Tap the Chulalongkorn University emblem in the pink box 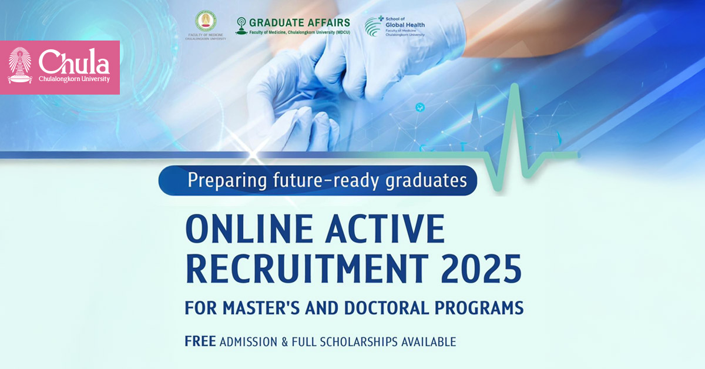[20, 66]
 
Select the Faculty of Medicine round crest [205, 22]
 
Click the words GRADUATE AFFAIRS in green [299, 22]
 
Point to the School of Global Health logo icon [374, 26]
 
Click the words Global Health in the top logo [405, 25]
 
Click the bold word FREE [200, 341]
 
